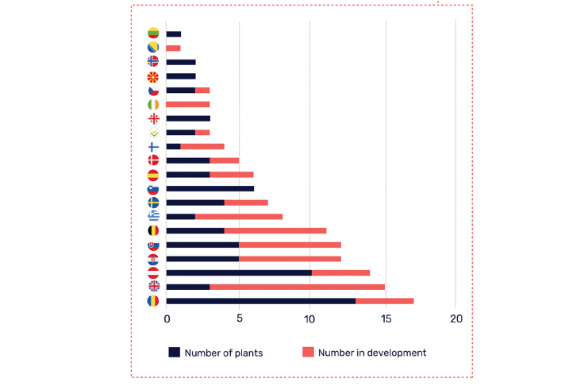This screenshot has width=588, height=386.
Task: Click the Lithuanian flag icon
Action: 153,33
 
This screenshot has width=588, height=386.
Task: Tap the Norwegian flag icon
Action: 153,62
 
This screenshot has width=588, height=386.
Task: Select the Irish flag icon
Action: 153,105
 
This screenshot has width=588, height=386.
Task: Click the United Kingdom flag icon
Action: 153,286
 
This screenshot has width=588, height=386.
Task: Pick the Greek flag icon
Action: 153,216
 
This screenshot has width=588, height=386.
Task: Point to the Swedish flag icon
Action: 153,203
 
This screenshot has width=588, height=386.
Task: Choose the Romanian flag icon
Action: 153,301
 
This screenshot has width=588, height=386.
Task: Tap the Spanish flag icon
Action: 153,175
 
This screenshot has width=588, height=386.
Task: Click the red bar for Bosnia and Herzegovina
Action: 174,48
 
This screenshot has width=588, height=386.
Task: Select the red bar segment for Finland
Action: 202,146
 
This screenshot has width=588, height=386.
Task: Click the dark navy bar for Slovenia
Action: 210,189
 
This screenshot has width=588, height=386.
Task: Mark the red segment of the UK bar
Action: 297,287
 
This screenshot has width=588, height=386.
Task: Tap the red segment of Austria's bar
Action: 340,272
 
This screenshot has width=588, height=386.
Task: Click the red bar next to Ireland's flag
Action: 188,105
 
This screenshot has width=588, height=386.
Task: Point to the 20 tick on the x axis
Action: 455,318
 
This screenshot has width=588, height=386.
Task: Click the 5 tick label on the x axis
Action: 239,318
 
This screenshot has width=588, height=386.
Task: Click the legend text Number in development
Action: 372,353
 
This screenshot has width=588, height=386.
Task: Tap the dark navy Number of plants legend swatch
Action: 174,353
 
